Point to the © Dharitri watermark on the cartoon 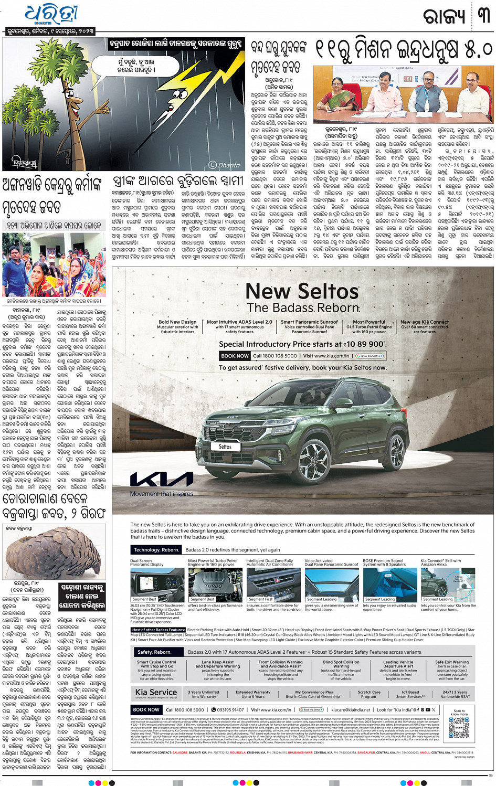coord(224,165)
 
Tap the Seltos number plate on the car coord(225,447)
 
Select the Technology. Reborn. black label coord(156,550)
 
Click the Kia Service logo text coord(156,692)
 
